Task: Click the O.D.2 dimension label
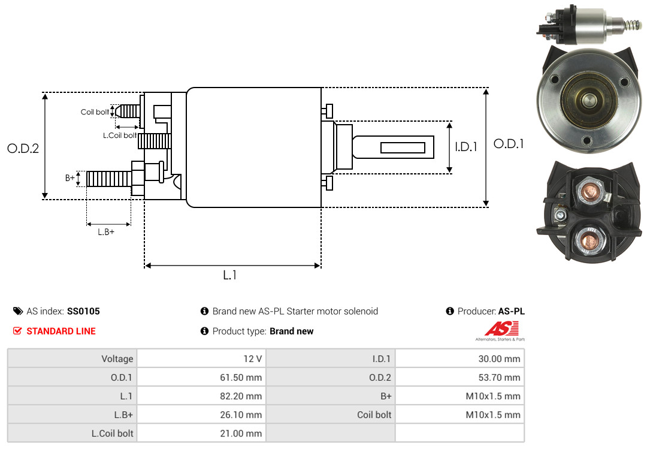point(23,148)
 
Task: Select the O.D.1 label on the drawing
point(509,144)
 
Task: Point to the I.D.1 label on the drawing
point(465,146)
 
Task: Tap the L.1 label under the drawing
point(230,275)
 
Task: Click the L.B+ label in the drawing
point(106,232)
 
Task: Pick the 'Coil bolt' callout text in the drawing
point(95,112)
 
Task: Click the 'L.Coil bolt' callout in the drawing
point(120,135)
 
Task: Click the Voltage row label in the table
point(117,358)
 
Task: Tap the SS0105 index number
point(83,311)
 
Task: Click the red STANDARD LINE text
point(61,331)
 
